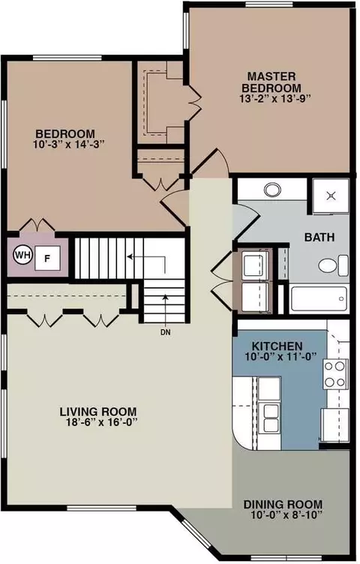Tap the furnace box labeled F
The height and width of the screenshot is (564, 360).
tap(46, 257)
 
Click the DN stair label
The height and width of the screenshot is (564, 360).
tap(166, 333)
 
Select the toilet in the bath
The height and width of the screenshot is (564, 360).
tap(333, 265)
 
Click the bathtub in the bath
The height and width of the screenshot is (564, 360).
tap(319, 298)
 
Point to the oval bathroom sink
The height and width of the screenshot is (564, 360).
tap(272, 190)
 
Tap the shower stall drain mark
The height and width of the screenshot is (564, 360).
tap(331, 196)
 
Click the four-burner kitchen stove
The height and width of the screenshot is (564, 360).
tap(335, 374)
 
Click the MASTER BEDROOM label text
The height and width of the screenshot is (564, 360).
tap(271, 82)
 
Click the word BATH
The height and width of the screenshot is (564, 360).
tap(319, 238)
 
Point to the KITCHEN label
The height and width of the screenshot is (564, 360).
tap(277, 346)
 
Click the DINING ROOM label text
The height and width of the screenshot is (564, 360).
tap(283, 504)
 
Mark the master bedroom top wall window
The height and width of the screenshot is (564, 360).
tap(268, 4)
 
